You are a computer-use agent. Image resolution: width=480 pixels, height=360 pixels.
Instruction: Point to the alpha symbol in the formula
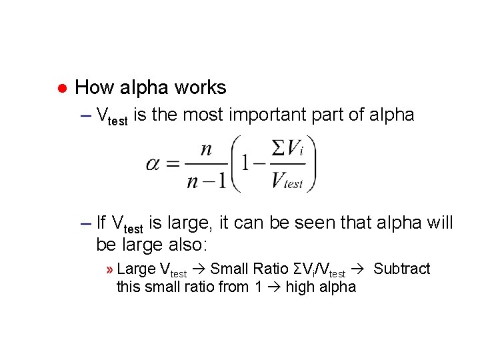153,164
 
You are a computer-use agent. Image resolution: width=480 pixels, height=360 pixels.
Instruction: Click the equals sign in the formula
173,164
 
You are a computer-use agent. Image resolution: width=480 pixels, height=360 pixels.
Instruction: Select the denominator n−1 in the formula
206,180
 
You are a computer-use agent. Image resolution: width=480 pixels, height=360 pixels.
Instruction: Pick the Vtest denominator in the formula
287,181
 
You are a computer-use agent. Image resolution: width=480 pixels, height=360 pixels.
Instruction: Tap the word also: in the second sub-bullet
176,245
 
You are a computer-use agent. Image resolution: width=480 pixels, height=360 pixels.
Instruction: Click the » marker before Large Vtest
109,269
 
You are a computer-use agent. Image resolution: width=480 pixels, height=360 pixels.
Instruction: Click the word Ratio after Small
270,269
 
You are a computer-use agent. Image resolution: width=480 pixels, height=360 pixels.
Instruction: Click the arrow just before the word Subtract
358,269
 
